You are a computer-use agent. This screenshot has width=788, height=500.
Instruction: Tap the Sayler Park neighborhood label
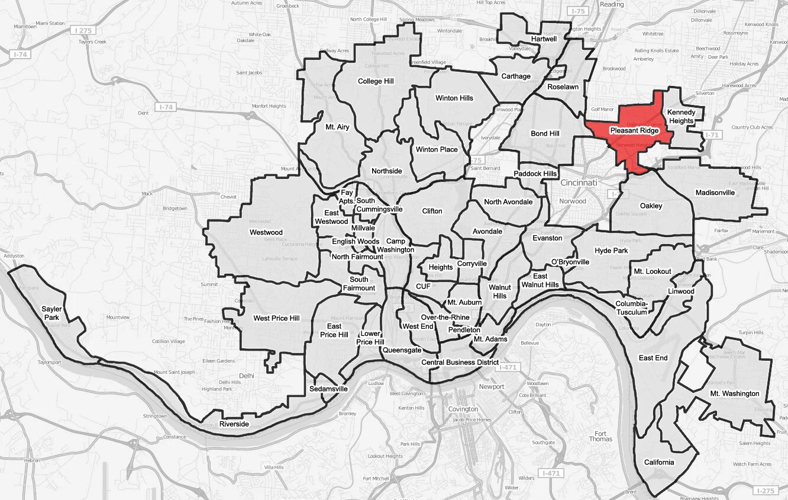[x=51, y=313]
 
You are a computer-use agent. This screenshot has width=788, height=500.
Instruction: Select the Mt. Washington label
[x=735, y=393]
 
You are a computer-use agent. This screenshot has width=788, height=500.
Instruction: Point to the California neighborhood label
[x=658, y=462]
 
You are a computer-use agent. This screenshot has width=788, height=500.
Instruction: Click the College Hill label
[x=376, y=81]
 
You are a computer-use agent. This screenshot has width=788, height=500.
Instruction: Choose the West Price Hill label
[x=276, y=318]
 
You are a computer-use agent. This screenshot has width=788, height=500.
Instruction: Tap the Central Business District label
[x=460, y=362]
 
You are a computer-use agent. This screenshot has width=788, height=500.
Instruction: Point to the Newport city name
[x=492, y=386]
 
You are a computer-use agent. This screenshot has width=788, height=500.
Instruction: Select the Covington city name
[x=463, y=409]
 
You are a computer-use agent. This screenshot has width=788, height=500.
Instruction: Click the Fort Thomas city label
[x=600, y=435]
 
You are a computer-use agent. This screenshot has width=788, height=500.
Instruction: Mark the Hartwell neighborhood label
[x=544, y=39]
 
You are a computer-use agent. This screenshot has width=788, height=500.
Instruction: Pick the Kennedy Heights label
[x=681, y=117]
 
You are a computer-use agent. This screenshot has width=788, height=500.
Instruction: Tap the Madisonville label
[x=715, y=193]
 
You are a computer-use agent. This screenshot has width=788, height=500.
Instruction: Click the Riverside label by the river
[x=234, y=424]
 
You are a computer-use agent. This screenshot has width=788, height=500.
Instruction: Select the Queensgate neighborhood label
[x=402, y=350]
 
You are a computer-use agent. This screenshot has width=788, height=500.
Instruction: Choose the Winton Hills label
[x=454, y=98]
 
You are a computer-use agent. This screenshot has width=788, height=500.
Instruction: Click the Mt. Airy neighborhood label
[x=337, y=127]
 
